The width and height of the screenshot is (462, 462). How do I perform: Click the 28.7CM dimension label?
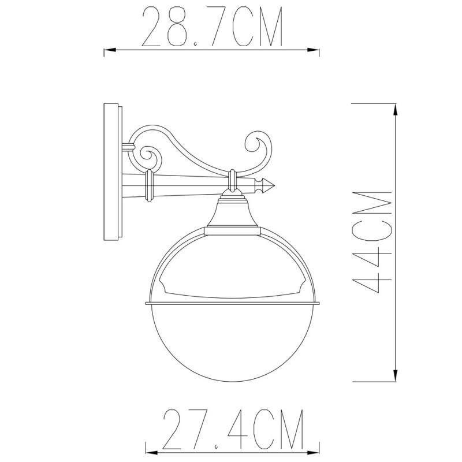pyautogui.click(x=211, y=27)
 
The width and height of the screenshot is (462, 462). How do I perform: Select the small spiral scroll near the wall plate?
pyautogui.click(x=147, y=154)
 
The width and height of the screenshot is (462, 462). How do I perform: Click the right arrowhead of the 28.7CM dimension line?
pyautogui.click(x=317, y=51)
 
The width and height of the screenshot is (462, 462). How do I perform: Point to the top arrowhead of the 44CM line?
pyautogui.click(x=396, y=107)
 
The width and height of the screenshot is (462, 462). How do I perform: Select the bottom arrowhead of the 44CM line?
pyautogui.click(x=396, y=378)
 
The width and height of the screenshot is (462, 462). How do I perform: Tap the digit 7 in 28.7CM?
pyautogui.click(x=211, y=27)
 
